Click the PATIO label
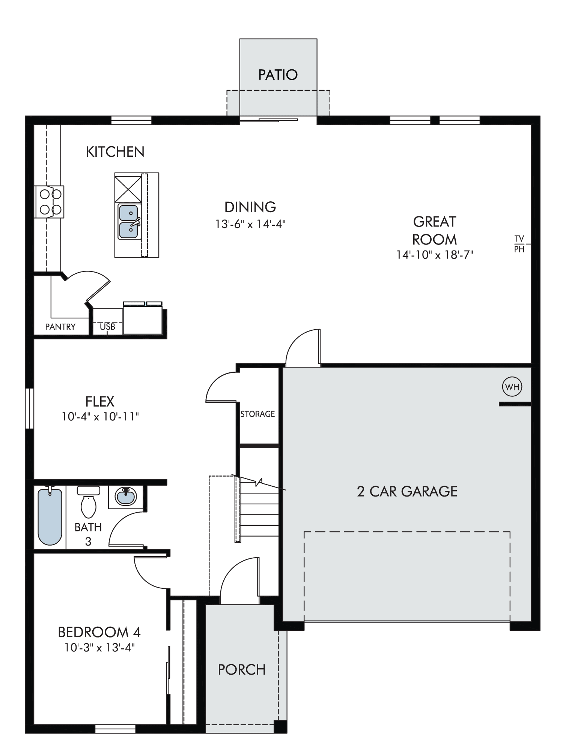pyautogui.click(x=278, y=75)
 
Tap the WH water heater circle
pyautogui.click(x=512, y=387)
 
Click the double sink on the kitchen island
pyautogui.click(x=129, y=222)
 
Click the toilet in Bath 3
pyautogui.click(x=89, y=502)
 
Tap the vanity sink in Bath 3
pyautogui.click(x=126, y=497)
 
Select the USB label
pyautogui.click(x=108, y=327)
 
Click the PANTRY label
pyautogui.click(x=60, y=327)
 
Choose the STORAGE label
pyautogui.click(x=258, y=414)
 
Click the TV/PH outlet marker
pyautogui.click(x=519, y=244)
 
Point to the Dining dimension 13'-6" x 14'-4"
pyautogui.click(x=250, y=224)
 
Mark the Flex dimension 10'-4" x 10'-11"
pyautogui.click(x=100, y=417)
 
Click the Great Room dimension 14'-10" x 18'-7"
pyautogui.click(x=435, y=255)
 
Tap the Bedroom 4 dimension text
pyautogui.click(x=99, y=648)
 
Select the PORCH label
pyautogui.click(x=242, y=670)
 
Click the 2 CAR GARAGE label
pyautogui.click(x=407, y=492)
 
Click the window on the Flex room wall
pyautogui.click(x=30, y=408)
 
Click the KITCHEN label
pyautogui.click(x=115, y=152)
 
